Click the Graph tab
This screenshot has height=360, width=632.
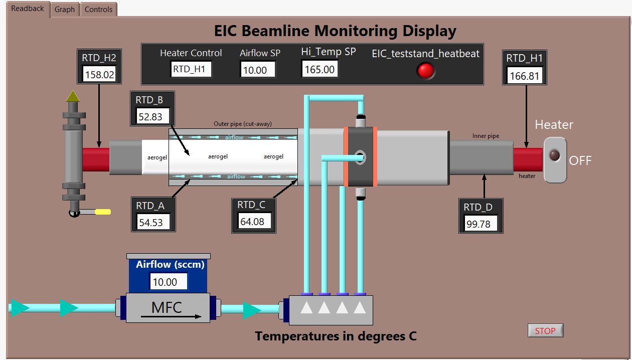65,10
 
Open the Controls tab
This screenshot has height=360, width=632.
98,10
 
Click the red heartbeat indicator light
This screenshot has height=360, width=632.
425,71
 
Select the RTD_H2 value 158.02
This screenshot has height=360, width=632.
99,75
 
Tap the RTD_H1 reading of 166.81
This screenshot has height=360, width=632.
525,76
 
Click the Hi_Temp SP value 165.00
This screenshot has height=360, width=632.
320,69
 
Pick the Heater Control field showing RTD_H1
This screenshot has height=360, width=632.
191,69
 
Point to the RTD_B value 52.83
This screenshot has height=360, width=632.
153,116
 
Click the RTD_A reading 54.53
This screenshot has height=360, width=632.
153,222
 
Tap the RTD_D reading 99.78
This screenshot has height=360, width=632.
481,224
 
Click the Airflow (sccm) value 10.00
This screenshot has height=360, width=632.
169,282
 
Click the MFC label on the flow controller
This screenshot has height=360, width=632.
167,307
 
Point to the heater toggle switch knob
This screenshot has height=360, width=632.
555,155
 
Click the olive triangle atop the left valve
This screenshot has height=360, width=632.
73,96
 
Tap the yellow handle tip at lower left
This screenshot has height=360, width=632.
103,212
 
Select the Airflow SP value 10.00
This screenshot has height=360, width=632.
258,70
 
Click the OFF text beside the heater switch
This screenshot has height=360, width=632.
580,160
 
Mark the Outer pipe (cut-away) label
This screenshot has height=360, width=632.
243,124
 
